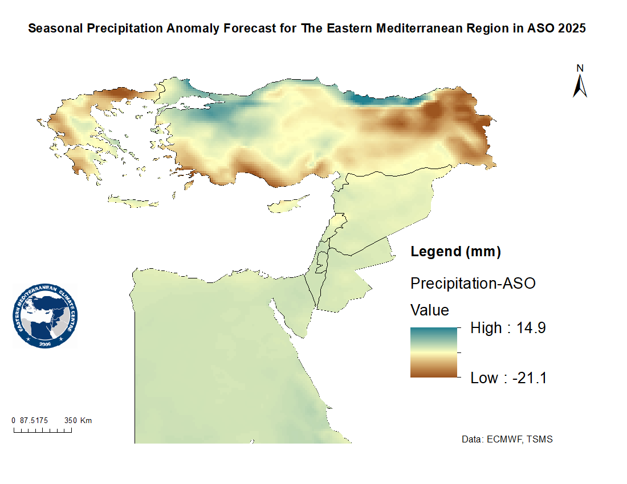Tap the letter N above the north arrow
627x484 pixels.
tap(580, 68)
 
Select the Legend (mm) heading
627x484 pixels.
tap(455, 252)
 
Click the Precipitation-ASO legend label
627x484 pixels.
tap(473, 283)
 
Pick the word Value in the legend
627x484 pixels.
tap(430, 310)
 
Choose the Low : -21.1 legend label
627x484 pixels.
tap(508, 378)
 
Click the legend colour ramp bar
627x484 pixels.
tap(434, 352)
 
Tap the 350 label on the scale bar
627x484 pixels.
tap(70, 421)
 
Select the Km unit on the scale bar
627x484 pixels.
tap(85, 421)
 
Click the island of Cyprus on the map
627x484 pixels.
tap(289, 206)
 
